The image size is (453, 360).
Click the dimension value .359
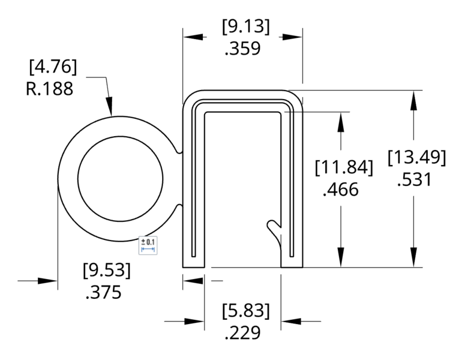[x=242, y=49]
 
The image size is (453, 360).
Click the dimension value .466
[x=340, y=190]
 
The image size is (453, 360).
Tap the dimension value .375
[x=104, y=292]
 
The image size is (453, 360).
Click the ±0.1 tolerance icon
[x=148, y=245]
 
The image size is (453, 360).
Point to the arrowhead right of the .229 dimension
[x=291, y=322]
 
